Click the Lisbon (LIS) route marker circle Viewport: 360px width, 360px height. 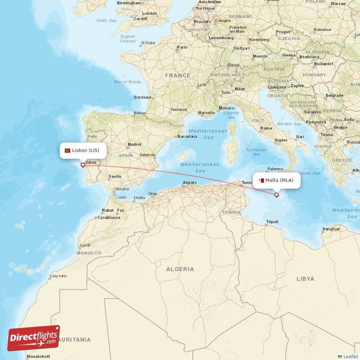(82, 165)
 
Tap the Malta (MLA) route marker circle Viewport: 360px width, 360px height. (277, 195)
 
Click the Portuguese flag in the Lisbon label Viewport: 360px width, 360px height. (67, 150)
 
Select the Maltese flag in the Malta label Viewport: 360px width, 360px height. (261, 180)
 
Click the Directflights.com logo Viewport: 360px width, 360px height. (34, 338)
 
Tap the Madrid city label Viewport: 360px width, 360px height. (134, 145)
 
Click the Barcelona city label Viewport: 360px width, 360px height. (188, 136)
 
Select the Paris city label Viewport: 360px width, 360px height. (182, 47)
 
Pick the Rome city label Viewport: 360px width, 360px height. (266, 128)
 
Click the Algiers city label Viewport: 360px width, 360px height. (189, 182)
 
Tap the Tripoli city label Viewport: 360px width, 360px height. (273, 222)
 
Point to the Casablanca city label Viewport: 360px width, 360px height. (108, 217)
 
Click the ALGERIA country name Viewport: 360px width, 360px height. (180, 269)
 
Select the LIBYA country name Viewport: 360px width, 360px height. (306, 279)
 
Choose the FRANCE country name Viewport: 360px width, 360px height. (178, 76)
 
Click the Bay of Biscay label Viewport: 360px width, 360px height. (127, 82)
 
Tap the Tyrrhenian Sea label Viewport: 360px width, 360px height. (256, 152)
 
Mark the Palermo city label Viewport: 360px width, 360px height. (275, 169)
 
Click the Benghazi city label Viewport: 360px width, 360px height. (331, 229)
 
